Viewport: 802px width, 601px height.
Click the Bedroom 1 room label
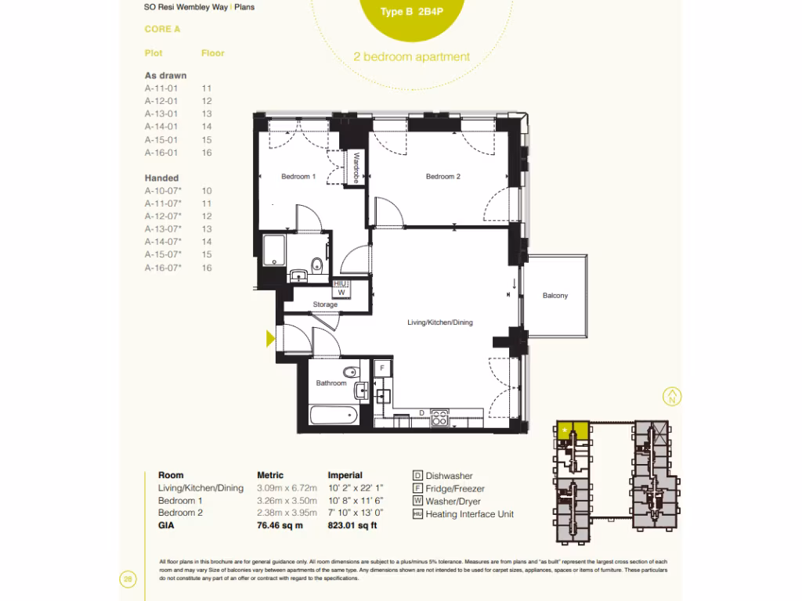(298, 177)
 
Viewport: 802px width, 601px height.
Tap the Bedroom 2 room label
(443, 177)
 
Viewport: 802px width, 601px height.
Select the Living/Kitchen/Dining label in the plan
(439, 322)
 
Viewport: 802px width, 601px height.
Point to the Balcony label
(555, 296)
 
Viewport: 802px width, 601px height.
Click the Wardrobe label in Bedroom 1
(355, 167)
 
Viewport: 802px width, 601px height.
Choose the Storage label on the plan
(325, 304)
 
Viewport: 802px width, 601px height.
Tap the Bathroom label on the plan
(331, 383)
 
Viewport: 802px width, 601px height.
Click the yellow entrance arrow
(270, 338)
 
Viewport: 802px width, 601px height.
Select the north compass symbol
(671, 396)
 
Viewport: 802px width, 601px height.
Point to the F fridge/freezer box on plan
(381, 368)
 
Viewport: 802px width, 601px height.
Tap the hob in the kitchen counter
(440, 418)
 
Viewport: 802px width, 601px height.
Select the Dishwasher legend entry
(443, 476)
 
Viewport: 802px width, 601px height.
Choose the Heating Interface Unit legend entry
(463, 514)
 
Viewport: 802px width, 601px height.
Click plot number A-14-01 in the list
(161, 126)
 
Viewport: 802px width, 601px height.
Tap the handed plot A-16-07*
(163, 268)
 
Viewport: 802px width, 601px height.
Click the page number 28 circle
(127, 579)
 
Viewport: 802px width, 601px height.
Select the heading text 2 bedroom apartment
(411, 56)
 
